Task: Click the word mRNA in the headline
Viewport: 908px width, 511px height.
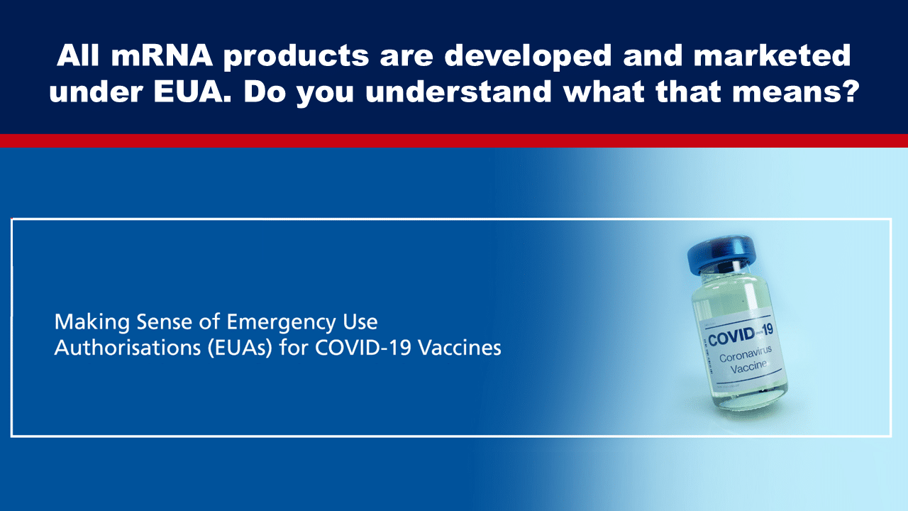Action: point(162,55)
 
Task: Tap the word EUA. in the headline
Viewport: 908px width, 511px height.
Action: point(193,92)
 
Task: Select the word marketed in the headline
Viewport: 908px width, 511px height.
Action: point(772,55)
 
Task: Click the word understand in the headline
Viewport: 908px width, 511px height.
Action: point(458,92)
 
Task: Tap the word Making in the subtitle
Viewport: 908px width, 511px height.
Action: point(92,322)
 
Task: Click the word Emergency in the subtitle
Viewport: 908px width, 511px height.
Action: point(281,323)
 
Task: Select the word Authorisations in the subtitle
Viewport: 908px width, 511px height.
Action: point(127,348)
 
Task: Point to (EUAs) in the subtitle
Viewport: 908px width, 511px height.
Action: point(240,348)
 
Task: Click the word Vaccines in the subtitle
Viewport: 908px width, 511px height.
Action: point(460,348)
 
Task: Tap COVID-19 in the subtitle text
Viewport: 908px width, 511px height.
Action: point(363,348)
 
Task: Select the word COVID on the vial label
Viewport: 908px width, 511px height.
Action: point(731,337)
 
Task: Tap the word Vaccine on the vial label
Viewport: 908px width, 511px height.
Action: point(748,367)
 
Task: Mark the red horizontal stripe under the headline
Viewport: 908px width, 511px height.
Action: point(454,141)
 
